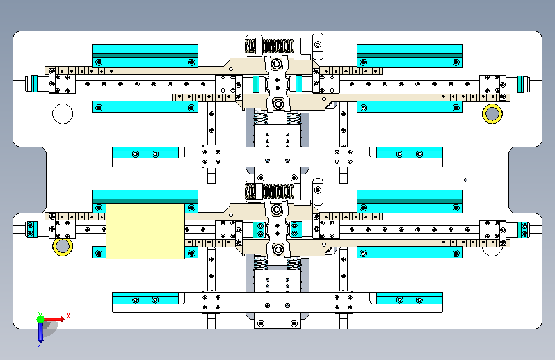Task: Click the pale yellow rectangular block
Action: click(x=145, y=231)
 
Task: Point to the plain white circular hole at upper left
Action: click(x=63, y=114)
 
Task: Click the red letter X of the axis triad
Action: click(x=68, y=316)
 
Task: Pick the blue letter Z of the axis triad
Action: click(x=40, y=344)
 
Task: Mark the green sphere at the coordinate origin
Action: click(x=41, y=319)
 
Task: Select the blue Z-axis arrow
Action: click(x=41, y=332)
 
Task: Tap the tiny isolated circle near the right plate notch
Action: click(x=465, y=180)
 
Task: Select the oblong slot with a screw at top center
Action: click(x=318, y=46)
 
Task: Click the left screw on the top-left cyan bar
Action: click(x=99, y=62)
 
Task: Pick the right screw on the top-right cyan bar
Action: click(x=456, y=62)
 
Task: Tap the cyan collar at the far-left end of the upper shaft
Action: click(x=35, y=84)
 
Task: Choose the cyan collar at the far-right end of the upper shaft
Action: click(x=520, y=84)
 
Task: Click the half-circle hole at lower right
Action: click(x=492, y=251)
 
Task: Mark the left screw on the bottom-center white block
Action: click(x=261, y=323)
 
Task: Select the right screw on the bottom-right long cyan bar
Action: click(x=456, y=254)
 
